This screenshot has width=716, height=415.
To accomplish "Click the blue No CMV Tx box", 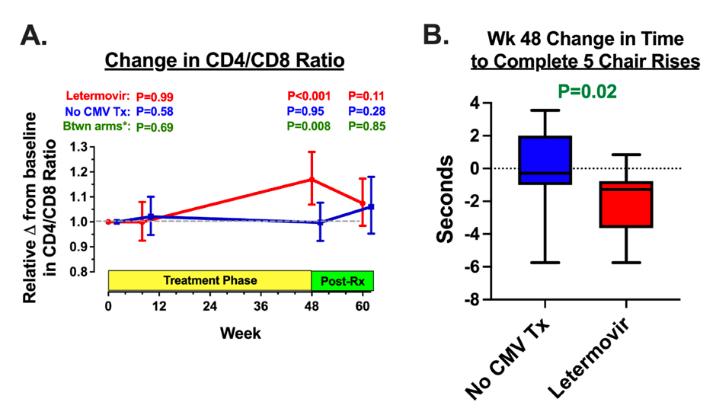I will [x=544, y=160].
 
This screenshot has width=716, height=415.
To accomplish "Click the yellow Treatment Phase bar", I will [x=210, y=280].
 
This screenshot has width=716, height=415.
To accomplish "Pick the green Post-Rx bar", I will [x=343, y=280].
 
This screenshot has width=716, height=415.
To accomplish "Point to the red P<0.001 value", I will [x=308, y=97].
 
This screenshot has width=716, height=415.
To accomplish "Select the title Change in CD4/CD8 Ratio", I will [x=224, y=60].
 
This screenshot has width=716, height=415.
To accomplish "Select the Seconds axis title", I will [x=447, y=200].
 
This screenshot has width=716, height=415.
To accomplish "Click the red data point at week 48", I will [x=312, y=179].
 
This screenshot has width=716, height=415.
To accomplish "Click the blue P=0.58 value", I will [x=156, y=112].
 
